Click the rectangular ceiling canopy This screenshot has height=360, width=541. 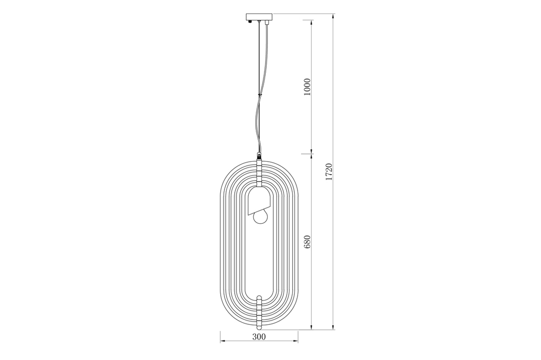[259, 17]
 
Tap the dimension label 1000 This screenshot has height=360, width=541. [307, 87]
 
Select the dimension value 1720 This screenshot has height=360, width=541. [328, 172]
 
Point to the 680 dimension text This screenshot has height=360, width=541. [307, 242]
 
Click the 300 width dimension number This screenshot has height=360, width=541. [259, 337]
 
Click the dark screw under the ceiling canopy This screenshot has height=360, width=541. [250, 22]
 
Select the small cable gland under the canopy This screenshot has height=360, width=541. [266, 23]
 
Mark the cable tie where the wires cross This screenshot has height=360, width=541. [260, 96]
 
